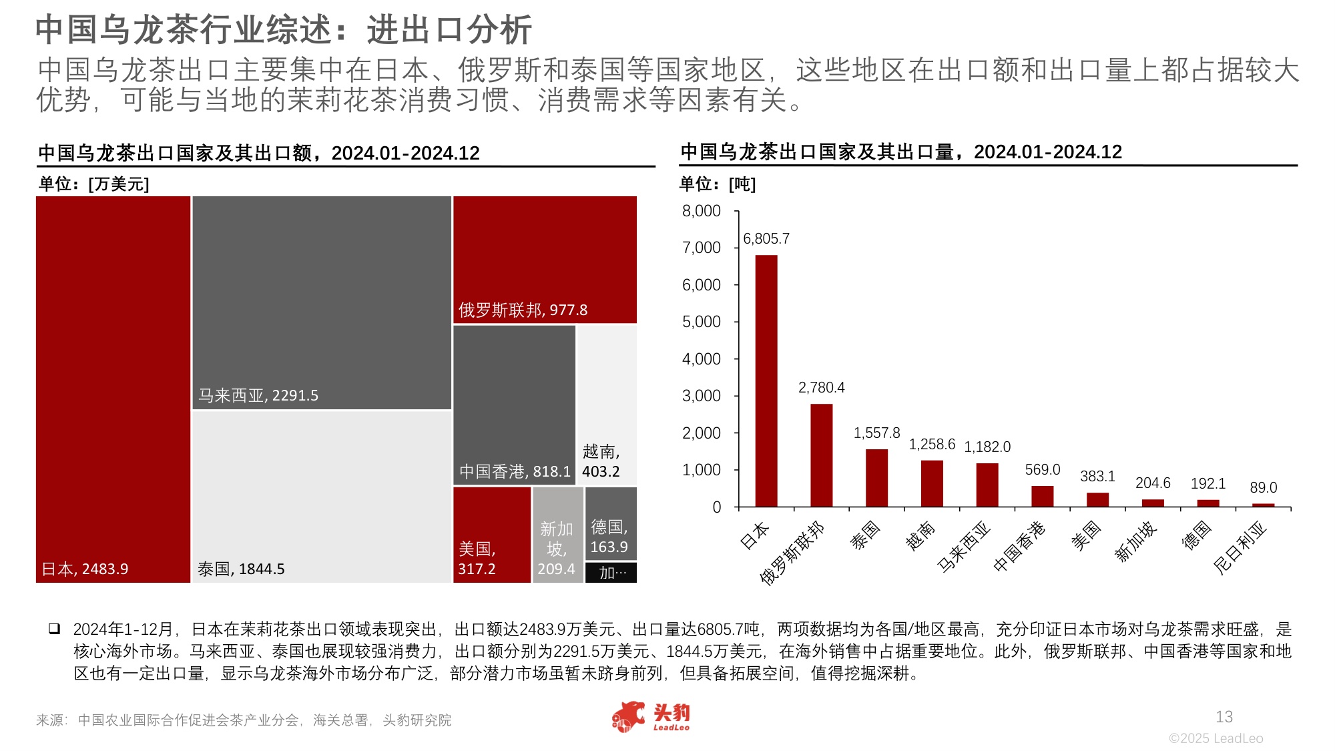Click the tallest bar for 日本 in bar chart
tap(766, 381)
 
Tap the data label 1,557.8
tap(876, 433)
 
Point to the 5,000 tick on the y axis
tap(701, 322)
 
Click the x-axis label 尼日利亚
tap(1240, 547)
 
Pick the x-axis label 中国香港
tap(1019, 546)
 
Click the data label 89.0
tap(1263, 488)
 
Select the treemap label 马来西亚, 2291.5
tap(258, 395)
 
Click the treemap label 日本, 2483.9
tap(85, 569)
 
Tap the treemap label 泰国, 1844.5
tap(241, 569)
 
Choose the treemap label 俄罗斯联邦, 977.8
tap(523, 310)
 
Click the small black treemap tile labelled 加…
tap(611, 573)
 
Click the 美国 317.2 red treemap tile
tap(491, 534)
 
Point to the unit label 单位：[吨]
tap(717, 184)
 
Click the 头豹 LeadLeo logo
tap(651, 718)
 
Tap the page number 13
tap(1224, 717)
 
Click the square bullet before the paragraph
tap(53, 629)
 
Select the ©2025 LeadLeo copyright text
tap(1216, 738)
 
